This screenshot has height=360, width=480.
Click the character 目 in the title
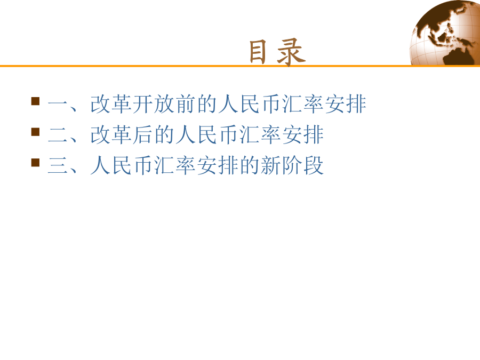(258, 52)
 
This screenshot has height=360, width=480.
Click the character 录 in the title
(291, 52)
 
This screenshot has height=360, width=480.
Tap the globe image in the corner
(445, 33)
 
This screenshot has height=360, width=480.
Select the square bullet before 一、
(36, 101)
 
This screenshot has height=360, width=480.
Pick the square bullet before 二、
(36, 132)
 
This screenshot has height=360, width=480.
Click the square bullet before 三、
(36, 162)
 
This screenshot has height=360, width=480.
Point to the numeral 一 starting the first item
(58, 105)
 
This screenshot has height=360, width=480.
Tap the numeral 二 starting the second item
(58, 135)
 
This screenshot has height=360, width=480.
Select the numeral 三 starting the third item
(58, 166)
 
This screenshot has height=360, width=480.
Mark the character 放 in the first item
(165, 104)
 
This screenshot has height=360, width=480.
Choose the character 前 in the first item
(186, 104)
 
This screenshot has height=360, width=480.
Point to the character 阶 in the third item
(293, 165)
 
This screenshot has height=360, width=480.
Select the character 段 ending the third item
(314, 165)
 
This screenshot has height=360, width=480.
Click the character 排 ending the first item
(357, 104)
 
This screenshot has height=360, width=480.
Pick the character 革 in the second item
(122, 135)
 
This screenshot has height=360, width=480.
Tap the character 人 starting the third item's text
(100, 165)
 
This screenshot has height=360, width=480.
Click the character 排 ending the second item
(314, 135)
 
